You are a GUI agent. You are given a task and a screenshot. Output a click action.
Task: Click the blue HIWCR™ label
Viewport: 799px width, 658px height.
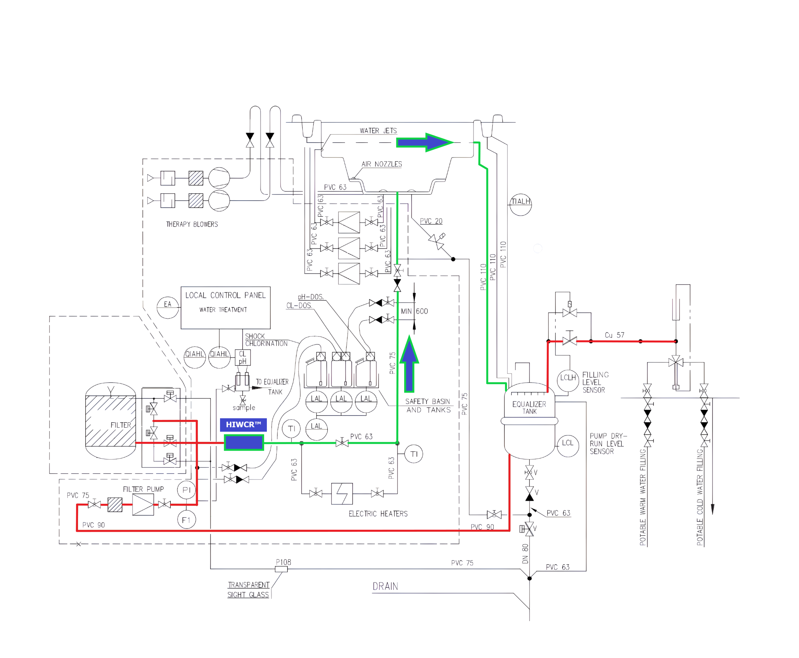point(243,424)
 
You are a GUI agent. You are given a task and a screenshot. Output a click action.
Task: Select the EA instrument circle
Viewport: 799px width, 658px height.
point(168,307)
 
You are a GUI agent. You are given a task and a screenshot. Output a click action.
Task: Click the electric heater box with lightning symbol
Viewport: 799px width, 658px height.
point(342,493)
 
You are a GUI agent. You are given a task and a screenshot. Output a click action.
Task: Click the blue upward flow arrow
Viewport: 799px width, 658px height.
point(409,364)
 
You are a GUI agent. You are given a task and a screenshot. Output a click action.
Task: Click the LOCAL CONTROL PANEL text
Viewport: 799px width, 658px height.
point(225,295)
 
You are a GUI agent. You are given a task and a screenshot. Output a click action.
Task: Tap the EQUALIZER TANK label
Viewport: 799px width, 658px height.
point(529,408)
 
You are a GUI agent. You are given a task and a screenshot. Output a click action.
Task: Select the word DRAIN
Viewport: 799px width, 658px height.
point(385,586)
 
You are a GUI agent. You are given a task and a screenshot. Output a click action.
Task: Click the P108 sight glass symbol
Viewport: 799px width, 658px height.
point(281,569)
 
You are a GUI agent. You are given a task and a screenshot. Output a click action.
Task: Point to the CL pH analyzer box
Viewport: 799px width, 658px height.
point(243,357)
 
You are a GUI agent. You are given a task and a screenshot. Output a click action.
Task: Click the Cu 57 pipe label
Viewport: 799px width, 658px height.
point(615,335)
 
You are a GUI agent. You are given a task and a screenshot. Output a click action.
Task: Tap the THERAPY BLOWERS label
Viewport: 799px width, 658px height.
point(192,225)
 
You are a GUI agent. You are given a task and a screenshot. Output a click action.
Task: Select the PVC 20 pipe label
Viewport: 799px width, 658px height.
point(431,221)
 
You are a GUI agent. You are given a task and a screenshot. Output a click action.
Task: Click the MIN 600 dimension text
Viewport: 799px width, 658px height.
point(414,311)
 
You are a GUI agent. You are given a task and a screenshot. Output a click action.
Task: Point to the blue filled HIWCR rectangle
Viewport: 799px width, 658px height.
point(243,443)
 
